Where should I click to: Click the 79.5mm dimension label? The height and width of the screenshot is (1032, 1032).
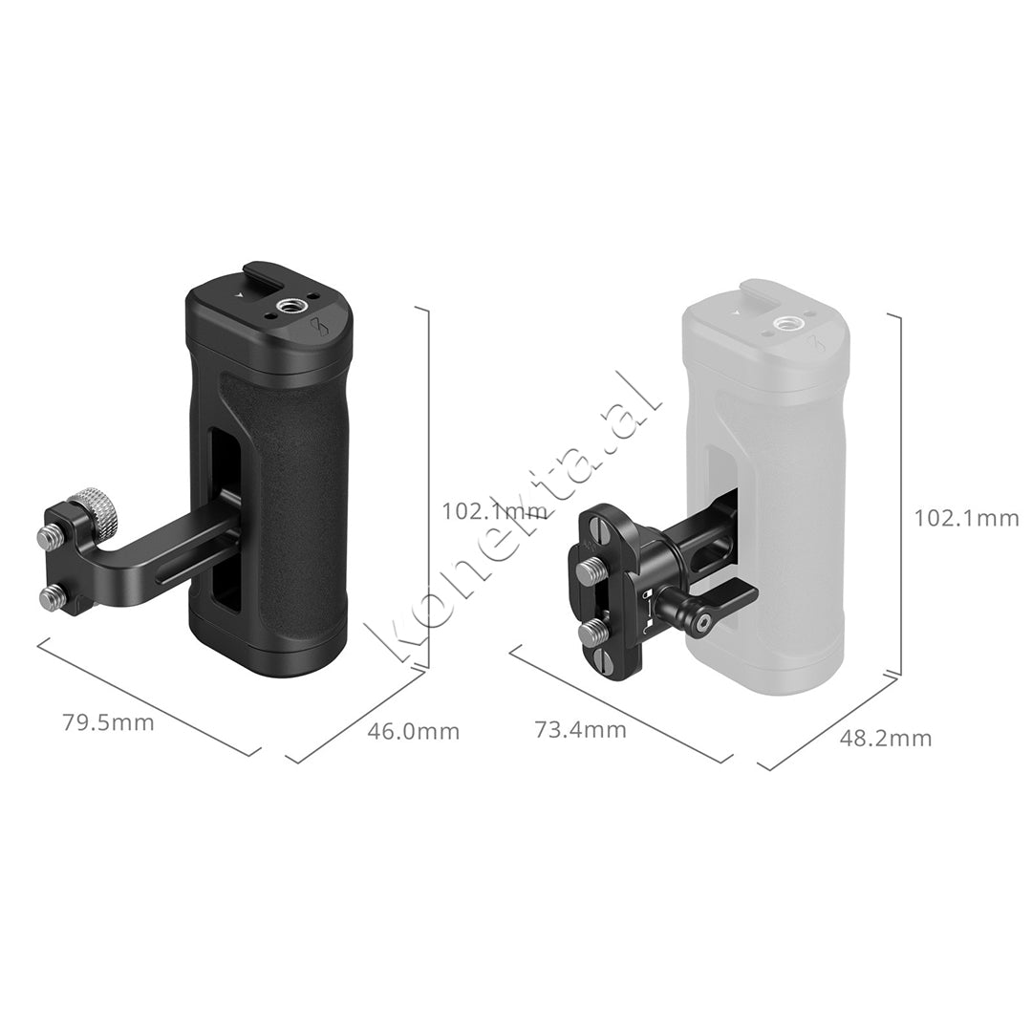point(108,722)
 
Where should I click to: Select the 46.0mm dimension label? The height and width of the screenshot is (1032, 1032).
point(413,732)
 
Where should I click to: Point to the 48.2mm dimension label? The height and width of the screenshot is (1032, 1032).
point(885,738)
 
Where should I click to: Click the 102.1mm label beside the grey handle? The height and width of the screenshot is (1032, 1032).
point(966,518)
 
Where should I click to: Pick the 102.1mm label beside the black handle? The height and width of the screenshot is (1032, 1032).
point(493,511)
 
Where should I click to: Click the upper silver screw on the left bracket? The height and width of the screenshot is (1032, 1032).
point(48,538)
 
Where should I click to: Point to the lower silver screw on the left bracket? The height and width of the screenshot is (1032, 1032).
point(50,598)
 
